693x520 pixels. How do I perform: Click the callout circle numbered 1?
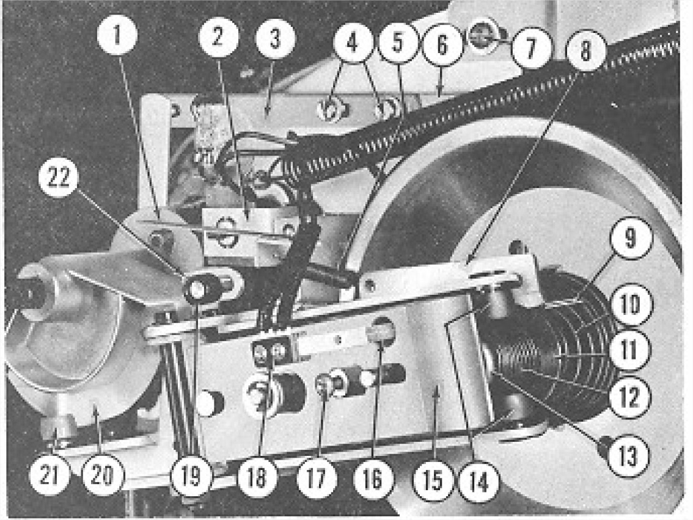coord(117,35)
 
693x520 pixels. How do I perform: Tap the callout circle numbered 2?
coord(218,37)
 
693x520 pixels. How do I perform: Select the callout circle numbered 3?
coord(276,39)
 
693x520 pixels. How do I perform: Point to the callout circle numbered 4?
coord(352,43)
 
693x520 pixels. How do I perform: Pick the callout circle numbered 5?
coord(398,43)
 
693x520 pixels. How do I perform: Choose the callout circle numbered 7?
coord(531,48)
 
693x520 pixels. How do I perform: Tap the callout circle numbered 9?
coord(630,237)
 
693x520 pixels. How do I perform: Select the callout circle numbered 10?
coord(630,304)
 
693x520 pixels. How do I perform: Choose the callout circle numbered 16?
coord(373,478)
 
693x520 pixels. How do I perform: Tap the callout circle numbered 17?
coord(315,478)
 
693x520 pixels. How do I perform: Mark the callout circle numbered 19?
coord(191,476)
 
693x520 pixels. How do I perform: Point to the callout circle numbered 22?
coord(59,178)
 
